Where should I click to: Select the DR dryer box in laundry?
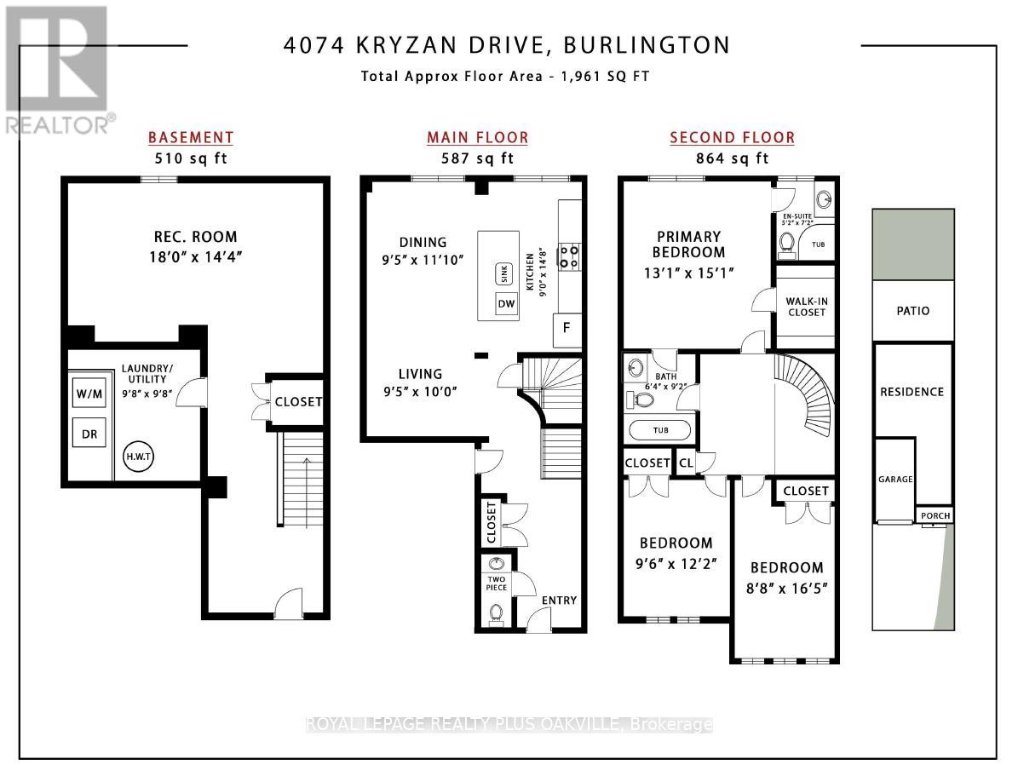(x=89, y=434)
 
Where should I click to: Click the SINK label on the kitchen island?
(x=503, y=274)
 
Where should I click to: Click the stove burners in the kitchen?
(x=569, y=256)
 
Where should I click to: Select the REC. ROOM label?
(x=195, y=237)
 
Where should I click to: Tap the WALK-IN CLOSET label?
(x=806, y=306)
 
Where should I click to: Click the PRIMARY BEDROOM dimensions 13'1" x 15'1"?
(x=688, y=273)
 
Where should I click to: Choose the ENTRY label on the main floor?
(x=559, y=601)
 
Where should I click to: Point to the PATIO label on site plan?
(x=912, y=311)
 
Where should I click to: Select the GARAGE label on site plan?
(x=895, y=480)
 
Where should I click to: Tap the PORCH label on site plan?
(x=935, y=516)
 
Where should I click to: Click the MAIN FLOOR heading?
(x=477, y=138)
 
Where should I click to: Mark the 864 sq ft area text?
(x=732, y=158)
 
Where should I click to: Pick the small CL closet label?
(x=686, y=463)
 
